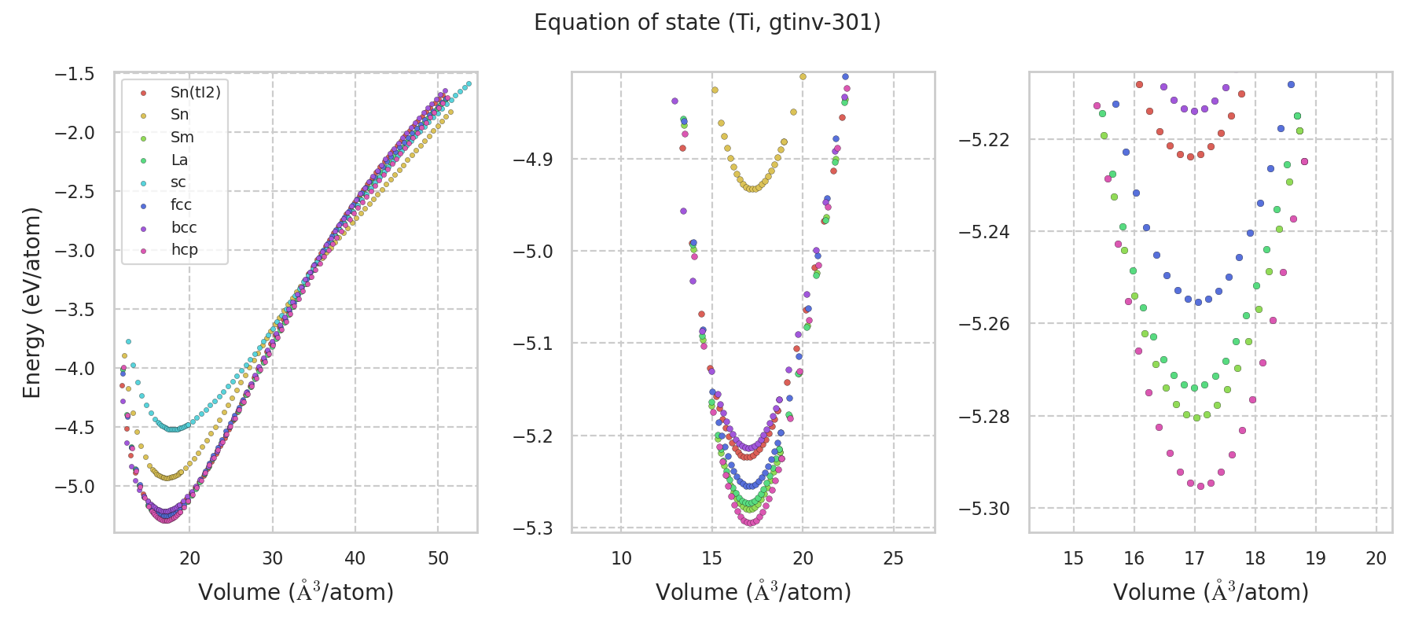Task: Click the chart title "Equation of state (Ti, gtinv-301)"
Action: point(707,23)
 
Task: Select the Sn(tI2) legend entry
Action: point(195,93)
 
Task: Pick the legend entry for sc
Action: point(178,182)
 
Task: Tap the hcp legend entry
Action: point(184,250)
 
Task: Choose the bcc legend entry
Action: point(184,228)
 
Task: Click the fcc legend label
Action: point(181,205)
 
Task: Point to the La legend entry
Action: point(179,160)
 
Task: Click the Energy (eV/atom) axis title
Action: point(31,303)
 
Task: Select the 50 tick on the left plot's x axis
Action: point(438,558)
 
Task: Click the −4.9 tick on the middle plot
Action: point(533,160)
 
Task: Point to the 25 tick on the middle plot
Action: point(893,558)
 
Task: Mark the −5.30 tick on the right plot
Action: point(983,509)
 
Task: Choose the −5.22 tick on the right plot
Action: point(983,140)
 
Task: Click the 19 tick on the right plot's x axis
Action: point(1315,558)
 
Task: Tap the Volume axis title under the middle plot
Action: point(753,592)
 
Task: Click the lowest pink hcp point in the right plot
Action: point(1200,486)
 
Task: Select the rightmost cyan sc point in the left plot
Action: point(469,83)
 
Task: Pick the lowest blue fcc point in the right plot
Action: point(1198,302)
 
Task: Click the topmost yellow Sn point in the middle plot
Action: point(803,76)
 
